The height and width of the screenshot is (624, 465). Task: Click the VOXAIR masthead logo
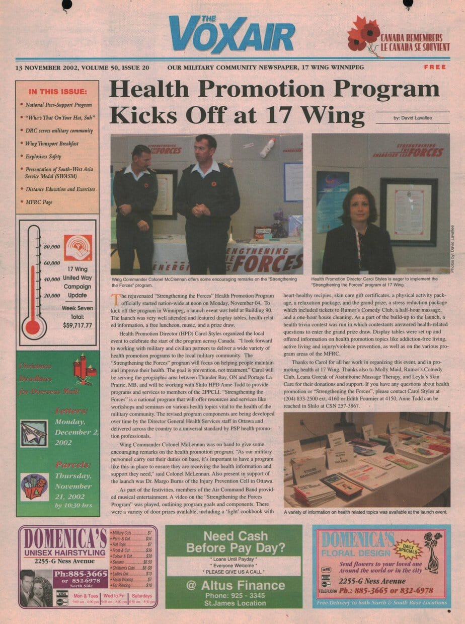(232, 34)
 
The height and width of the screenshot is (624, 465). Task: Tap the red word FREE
(435, 67)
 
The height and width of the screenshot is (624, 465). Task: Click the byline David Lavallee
(413, 118)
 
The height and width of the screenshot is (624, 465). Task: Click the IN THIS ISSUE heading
(57, 92)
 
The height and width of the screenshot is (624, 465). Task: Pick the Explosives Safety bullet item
(43, 157)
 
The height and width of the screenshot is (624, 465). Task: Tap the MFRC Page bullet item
(39, 202)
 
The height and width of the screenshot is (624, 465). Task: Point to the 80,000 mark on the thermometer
(52, 247)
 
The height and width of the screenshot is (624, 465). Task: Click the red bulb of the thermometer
(33, 327)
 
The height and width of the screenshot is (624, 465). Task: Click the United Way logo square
(77, 248)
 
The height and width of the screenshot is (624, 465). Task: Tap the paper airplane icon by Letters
(34, 434)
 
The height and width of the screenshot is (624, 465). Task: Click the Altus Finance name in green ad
(243, 585)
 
